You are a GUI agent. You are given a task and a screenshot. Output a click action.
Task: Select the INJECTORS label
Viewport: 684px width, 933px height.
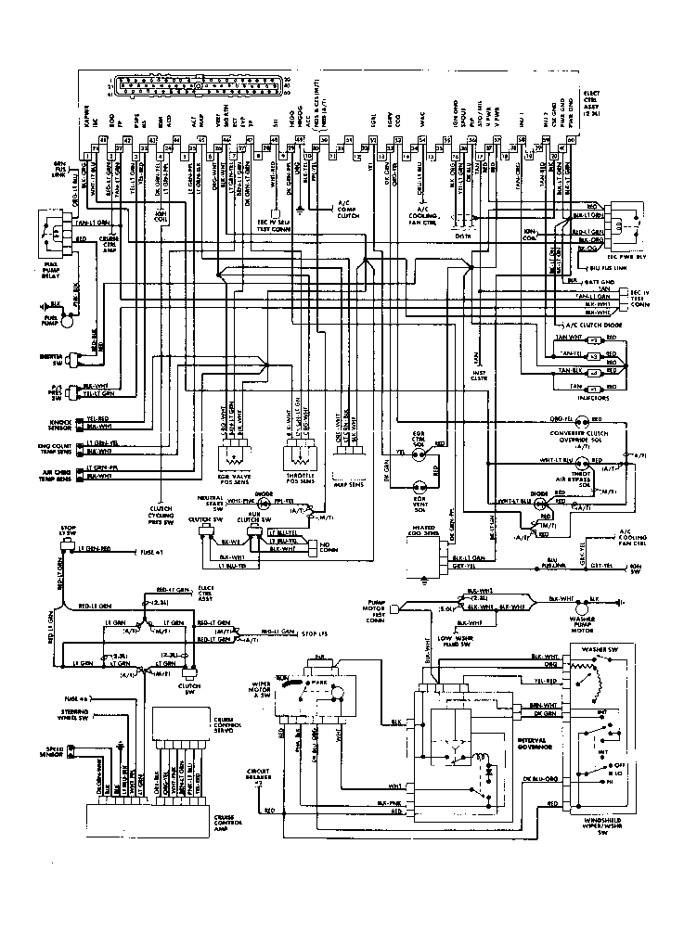(591, 398)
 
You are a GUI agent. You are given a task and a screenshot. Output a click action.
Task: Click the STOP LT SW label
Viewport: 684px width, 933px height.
(65, 531)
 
